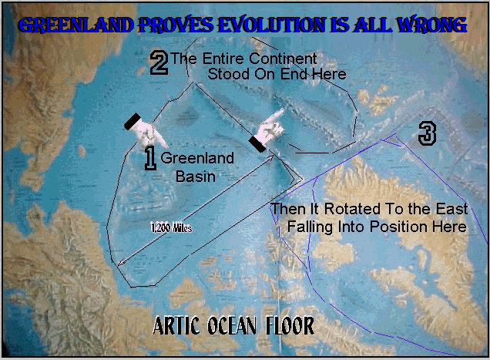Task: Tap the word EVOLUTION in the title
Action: pos(271,25)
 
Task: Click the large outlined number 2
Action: pos(159,62)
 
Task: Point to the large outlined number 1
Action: pos(150,159)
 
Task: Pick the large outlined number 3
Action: pos(427,133)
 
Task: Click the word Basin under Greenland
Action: pos(196,177)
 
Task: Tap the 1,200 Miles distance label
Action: pos(171,227)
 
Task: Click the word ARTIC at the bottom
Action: pos(176,325)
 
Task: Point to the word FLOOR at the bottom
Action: pos(290,325)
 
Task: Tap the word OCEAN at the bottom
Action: pos(232,325)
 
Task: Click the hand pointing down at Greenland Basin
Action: pos(146,130)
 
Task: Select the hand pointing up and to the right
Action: pos(267,131)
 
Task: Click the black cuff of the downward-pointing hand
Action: pos(133,121)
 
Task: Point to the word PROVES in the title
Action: pos(176,25)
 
